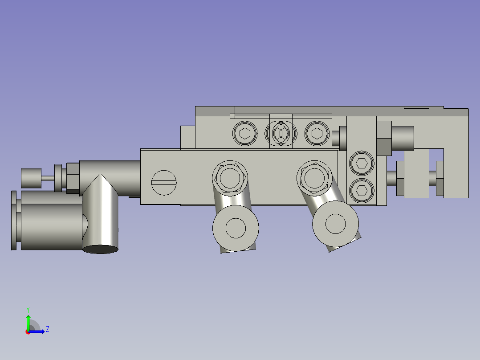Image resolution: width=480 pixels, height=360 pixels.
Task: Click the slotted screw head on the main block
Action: pos(164,182)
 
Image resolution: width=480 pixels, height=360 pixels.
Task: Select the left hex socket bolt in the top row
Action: pos(245,133)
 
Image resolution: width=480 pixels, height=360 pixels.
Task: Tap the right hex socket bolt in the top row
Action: pos(317,133)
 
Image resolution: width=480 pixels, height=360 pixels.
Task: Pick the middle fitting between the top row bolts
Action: pos(281,133)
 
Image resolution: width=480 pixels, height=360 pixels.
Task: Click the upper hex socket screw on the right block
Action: pos(362,164)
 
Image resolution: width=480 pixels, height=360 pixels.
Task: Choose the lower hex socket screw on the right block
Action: pos(362,191)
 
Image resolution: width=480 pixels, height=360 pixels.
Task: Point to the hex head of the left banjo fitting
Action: pos(229,177)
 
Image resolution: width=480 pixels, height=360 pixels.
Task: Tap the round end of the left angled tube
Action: pos(236,228)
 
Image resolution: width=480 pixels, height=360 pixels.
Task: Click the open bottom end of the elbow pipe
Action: pos(101,249)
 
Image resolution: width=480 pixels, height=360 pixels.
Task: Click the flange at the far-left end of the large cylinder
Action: pos(13,220)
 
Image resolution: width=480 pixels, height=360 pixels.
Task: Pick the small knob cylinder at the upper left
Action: pos(31,178)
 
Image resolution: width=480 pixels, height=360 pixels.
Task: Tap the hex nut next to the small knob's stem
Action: pos(73,176)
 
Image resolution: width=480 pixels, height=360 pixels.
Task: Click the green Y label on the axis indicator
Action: pos(28,309)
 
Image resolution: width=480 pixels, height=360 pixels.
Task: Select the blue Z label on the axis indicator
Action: pos(47,329)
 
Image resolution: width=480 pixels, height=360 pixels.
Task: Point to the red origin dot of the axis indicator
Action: pos(28,332)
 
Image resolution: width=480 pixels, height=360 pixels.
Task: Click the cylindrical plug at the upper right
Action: pos(402,138)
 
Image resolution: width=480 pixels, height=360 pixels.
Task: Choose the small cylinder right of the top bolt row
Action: pos(343,138)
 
